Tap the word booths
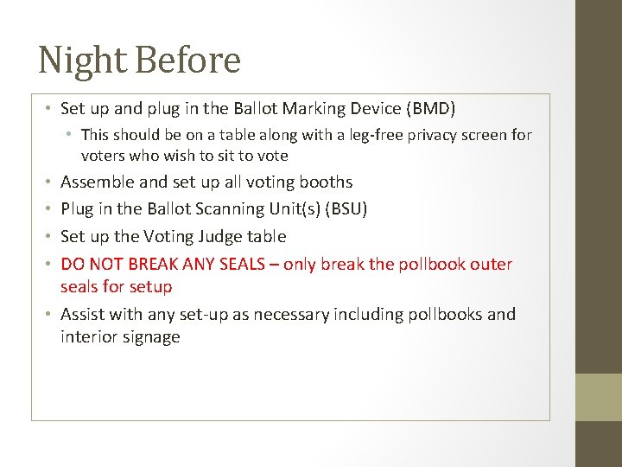tap(326, 182)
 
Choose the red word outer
tap(492, 265)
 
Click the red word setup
tap(152, 286)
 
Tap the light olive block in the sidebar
tap(599, 397)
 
